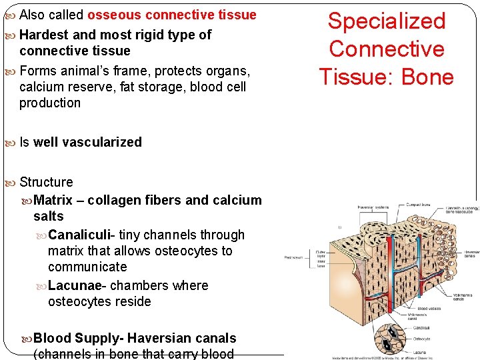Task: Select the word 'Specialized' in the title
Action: pyautogui.click(x=387, y=21)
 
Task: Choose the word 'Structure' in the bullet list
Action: pyautogui.click(x=46, y=182)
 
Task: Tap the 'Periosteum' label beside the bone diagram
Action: pyautogui.click(x=293, y=257)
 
